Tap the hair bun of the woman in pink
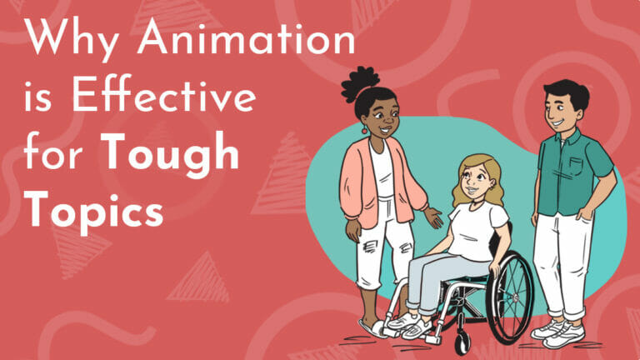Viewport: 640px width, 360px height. point(357,84)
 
